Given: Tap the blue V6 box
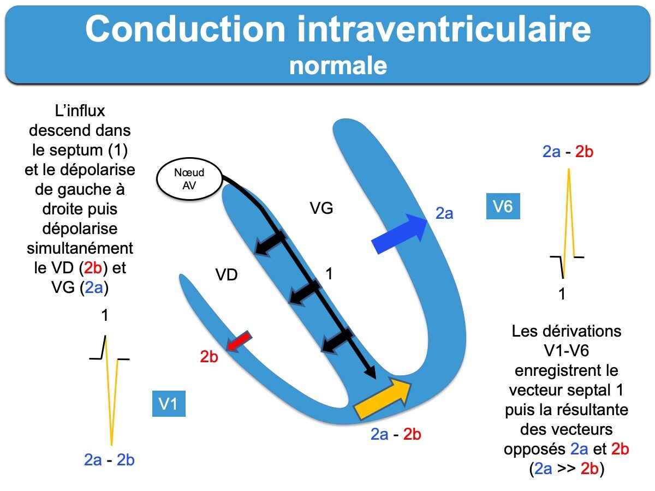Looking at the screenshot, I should click(503, 207).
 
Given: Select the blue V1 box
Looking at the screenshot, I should click(168, 405).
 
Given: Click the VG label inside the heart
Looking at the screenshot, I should click(321, 208).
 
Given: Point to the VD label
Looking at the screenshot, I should click(226, 275).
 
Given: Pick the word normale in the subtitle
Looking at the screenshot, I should click(338, 66).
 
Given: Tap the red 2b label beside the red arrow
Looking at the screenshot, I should click(209, 357).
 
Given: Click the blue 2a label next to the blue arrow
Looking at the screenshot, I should click(444, 214).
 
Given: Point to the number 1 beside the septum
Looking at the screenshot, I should click(329, 274).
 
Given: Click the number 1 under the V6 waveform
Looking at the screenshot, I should click(562, 295).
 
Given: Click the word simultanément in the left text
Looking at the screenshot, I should click(80, 248).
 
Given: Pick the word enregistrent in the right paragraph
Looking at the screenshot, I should click(567, 371).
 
